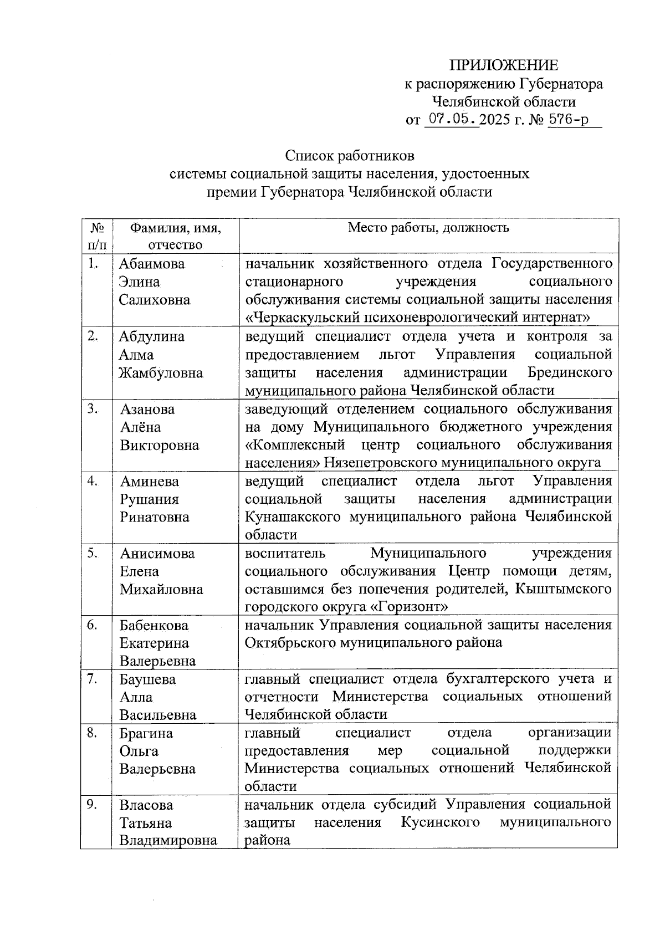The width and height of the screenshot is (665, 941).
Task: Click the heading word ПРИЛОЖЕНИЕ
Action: (x=503, y=65)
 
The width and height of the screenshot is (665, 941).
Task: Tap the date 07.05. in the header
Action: (x=451, y=119)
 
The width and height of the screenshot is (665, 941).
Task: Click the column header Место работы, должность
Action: (x=428, y=228)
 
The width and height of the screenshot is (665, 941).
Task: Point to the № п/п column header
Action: (x=96, y=236)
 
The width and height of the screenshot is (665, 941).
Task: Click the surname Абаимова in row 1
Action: (x=151, y=264)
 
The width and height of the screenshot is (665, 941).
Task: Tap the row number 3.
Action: (x=93, y=409)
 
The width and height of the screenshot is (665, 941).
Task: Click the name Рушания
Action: (x=149, y=499)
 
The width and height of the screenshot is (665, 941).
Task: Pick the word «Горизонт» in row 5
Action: (x=409, y=606)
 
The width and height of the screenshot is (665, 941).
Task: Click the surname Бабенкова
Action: (x=154, y=625)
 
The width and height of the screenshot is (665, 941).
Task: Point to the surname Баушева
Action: (x=147, y=679)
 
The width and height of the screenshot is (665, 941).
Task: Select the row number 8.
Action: (x=93, y=733)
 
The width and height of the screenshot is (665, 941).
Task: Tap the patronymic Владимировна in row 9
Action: (x=168, y=841)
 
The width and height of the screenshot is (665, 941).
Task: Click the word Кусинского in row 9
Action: (x=440, y=822)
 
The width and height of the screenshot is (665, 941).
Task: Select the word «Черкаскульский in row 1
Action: (x=301, y=318)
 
